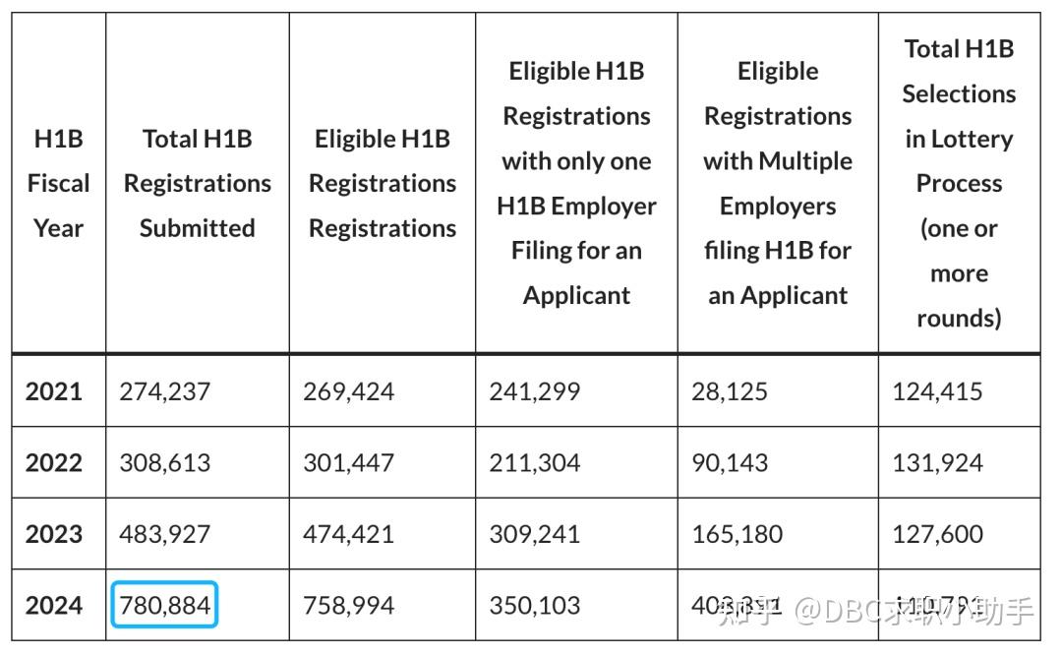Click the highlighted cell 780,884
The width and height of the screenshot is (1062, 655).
click(164, 605)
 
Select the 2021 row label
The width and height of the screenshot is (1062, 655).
click(54, 390)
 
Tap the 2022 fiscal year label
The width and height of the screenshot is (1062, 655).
click(54, 462)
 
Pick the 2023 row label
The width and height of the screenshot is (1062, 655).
click(54, 534)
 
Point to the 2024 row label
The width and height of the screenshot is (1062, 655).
click(54, 605)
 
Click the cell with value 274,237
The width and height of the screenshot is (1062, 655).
click(164, 390)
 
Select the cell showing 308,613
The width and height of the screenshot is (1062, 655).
click(164, 462)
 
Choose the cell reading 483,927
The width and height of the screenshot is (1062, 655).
click(164, 534)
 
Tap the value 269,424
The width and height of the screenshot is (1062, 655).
click(348, 390)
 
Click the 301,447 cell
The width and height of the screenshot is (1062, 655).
click(348, 462)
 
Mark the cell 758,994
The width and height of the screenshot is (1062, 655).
click(348, 605)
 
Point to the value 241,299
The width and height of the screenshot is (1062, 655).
click(534, 390)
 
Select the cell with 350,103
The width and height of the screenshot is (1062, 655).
click(534, 605)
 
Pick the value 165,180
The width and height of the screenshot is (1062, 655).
click(737, 534)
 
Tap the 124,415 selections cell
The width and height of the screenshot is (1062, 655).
click(937, 390)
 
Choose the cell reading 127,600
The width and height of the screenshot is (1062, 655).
click(937, 534)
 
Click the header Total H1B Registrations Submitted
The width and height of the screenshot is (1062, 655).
click(198, 183)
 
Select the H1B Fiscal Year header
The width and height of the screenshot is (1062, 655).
click(58, 183)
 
